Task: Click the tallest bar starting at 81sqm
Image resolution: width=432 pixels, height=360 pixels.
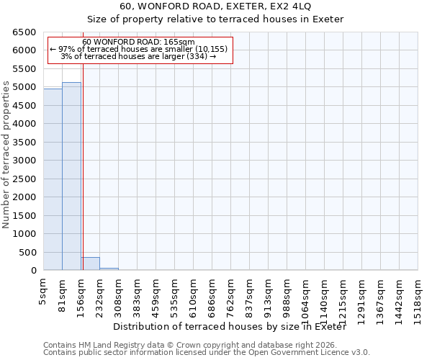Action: tap(71, 176)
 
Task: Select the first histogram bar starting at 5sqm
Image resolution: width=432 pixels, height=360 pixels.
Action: tap(53, 179)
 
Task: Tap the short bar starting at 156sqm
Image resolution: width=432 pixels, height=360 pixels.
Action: tap(90, 264)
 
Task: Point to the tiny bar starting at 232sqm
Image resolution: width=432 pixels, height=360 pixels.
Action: tap(109, 269)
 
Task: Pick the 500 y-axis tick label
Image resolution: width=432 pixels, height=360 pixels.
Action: tap(27, 252)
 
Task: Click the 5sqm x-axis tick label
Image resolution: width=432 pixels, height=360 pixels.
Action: tap(44, 292)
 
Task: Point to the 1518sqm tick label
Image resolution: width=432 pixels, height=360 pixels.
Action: tap(418, 298)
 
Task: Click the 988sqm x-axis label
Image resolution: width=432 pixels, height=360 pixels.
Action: tap(287, 296)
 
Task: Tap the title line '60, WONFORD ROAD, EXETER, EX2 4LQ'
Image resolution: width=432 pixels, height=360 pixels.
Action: tap(215, 6)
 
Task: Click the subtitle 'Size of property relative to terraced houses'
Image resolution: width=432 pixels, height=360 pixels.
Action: tap(215, 19)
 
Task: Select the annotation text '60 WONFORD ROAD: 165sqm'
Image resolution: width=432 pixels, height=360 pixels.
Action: tap(138, 42)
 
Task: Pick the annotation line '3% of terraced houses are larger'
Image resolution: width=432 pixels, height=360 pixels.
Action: tap(138, 56)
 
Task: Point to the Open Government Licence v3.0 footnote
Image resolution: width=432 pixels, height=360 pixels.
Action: tap(207, 353)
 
